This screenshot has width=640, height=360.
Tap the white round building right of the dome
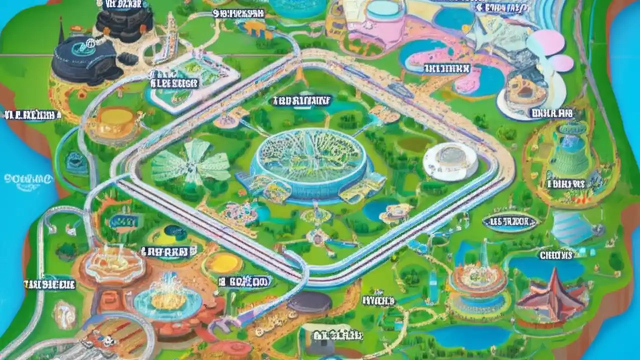pos(450,161)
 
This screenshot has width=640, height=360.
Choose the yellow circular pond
pos(224,262)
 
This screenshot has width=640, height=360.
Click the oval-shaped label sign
pos(510,221)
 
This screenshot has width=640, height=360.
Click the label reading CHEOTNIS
pos(555,255)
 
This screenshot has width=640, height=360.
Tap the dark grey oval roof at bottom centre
pos(309,302)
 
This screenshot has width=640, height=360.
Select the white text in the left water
pos(27,178)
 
